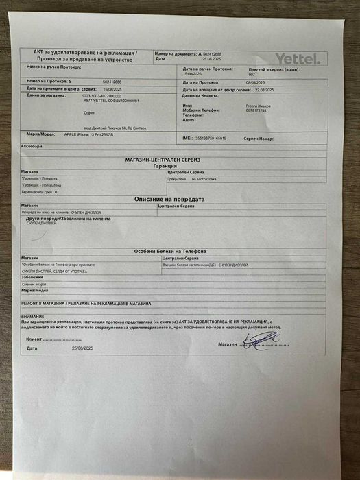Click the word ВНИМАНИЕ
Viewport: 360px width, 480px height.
34,316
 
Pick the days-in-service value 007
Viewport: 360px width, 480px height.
252,75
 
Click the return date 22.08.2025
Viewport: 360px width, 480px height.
264,90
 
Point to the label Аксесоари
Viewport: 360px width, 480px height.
32,147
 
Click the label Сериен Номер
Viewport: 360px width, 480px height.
259,139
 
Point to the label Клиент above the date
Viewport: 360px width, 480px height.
34,339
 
